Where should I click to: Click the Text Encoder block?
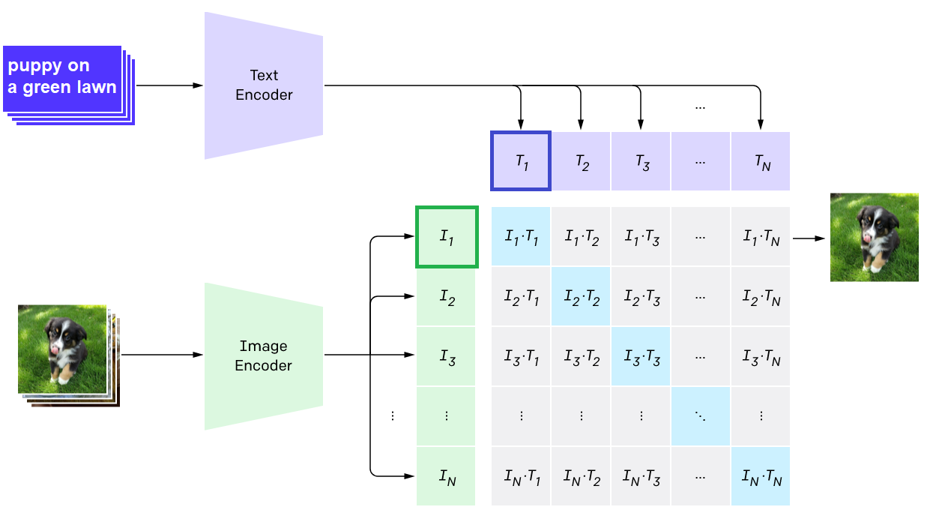coord(264,85)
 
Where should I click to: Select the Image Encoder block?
coord(264,355)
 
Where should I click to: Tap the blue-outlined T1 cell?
coord(521,161)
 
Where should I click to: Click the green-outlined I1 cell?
coord(447,237)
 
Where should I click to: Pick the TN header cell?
coord(761,161)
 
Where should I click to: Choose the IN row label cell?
coord(446,476)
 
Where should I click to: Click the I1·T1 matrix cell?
coord(521,237)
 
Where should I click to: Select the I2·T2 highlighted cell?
coord(582,297)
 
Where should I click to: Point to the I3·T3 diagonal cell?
coord(641,356)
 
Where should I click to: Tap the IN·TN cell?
coord(761,476)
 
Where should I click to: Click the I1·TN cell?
coord(761,237)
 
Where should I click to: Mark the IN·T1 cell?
coord(521,476)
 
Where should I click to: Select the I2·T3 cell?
coord(641,297)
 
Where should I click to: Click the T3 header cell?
coord(641,161)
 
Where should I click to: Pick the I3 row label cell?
coord(446,356)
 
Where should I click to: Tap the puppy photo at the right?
coord(874,237)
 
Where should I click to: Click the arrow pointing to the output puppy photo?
coord(809,238)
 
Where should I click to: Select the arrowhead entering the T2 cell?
coord(580,124)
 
